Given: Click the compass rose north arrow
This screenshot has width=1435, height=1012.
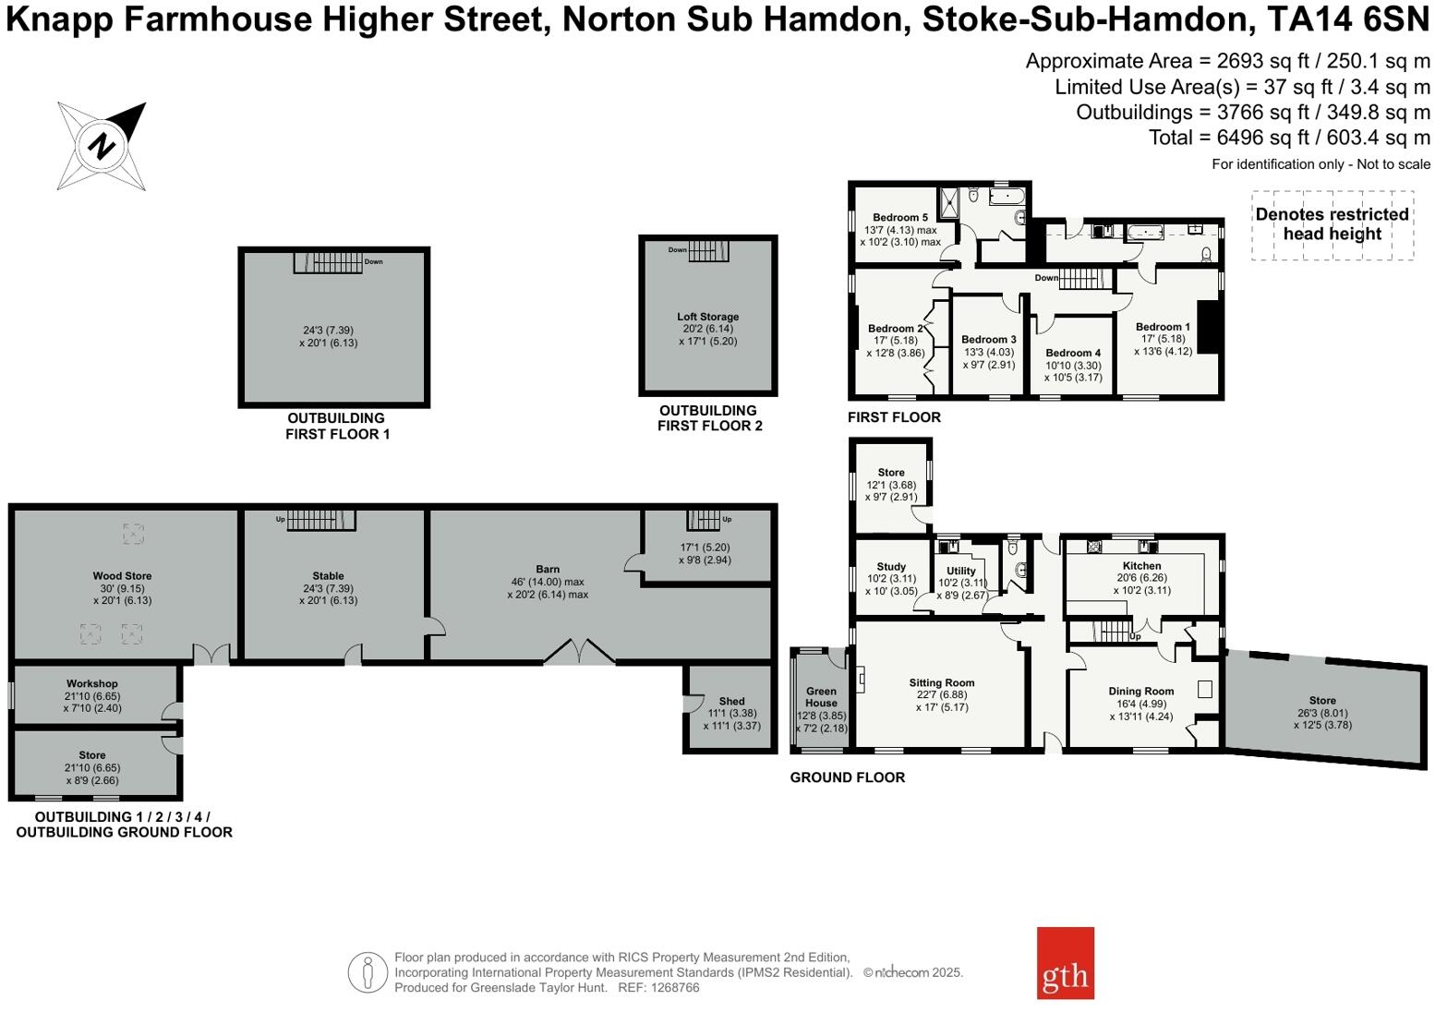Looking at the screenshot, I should tap(102, 145).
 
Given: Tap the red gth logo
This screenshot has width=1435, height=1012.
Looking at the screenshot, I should tap(1065, 962).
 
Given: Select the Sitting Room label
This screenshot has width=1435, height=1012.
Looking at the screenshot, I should tap(941, 683).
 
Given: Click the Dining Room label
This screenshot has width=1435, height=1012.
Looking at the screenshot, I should tap(1141, 691).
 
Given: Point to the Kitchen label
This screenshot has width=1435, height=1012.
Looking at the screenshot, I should tap(1141, 566).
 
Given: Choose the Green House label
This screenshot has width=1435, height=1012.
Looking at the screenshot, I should tap(821, 697).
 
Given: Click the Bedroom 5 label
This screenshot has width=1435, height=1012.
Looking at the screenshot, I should tap(899, 218).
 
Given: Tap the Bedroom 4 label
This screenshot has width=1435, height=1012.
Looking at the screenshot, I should tap(1073, 353).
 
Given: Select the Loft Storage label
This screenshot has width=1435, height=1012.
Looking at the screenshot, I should tap(707, 317).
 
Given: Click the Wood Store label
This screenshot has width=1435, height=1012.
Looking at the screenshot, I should tap(122, 576).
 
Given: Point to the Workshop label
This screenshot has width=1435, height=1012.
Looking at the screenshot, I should tap(91, 684).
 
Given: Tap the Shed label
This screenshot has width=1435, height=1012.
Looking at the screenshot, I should tap(731, 702).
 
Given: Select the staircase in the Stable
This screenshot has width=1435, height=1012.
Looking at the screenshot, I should tap(320, 520).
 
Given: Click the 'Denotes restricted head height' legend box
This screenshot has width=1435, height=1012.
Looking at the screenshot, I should tap(1332, 224).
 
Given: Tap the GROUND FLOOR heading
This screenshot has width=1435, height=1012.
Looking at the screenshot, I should tap(847, 777).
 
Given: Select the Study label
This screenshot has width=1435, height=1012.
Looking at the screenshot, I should tap(891, 567).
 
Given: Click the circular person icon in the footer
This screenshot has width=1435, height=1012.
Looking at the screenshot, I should tap(368, 972).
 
